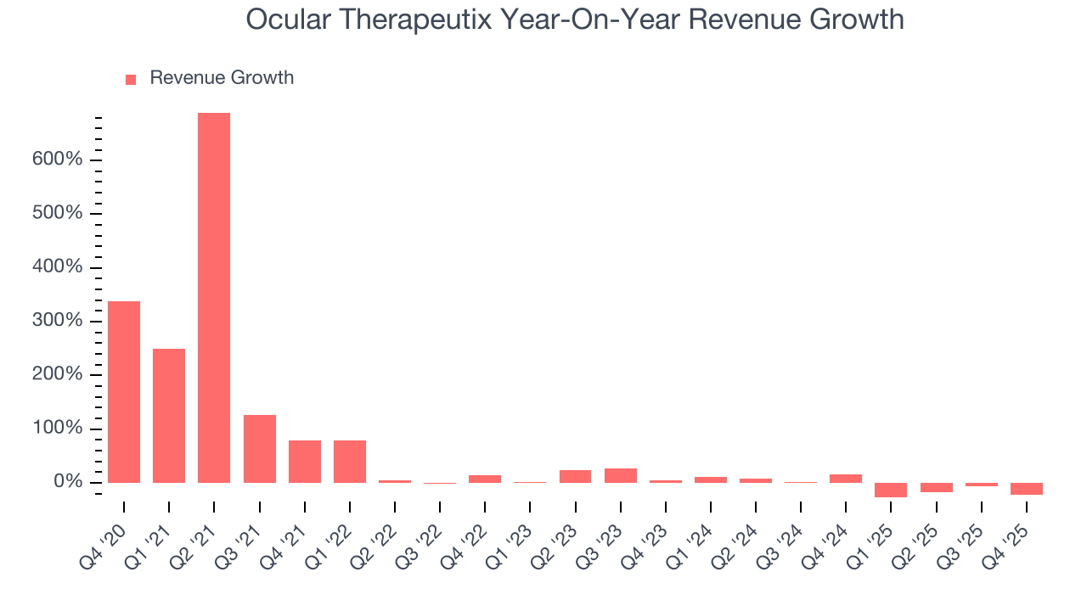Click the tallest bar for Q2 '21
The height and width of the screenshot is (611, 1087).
pyautogui.click(x=214, y=297)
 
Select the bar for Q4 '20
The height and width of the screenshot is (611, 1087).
pyautogui.click(x=124, y=391)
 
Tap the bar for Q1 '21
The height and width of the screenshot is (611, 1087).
pyautogui.click(x=169, y=415)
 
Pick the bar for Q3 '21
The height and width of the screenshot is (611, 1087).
pyautogui.click(x=259, y=448)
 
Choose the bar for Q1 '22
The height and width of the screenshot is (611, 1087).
pyautogui.click(x=350, y=461)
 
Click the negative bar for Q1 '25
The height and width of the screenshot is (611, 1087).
pyautogui.click(x=891, y=490)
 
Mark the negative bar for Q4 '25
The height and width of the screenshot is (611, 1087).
pyautogui.click(x=1026, y=489)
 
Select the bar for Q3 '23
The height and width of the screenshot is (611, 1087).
pyautogui.click(x=621, y=475)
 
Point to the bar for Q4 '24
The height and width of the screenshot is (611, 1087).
pyautogui.click(x=846, y=479)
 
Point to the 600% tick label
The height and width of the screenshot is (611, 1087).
pyautogui.click(x=58, y=160)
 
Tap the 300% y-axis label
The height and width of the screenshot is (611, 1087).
pyautogui.click(x=58, y=321)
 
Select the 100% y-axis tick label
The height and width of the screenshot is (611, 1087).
pyautogui.click(x=58, y=429)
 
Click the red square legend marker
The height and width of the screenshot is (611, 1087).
pyautogui.click(x=131, y=79)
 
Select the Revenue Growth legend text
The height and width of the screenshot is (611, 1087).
pyautogui.click(x=222, y=78)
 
